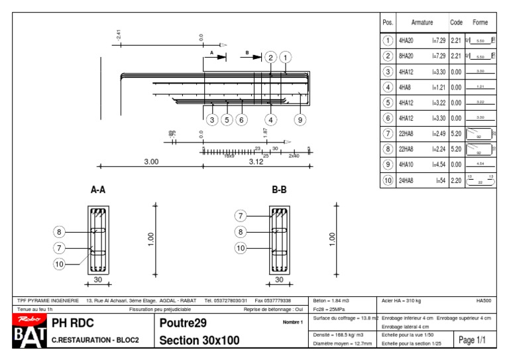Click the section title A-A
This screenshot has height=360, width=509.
[97, 190]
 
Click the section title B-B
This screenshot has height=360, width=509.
[279, 190]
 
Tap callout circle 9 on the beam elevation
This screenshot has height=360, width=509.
[300, 120]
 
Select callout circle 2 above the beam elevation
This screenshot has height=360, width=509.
[270, 58]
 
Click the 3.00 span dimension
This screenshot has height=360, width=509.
[151, 162]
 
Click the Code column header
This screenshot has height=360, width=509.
[456, 23]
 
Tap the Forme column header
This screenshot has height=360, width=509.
[481, 23]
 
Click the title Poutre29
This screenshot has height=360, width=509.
[184, 324]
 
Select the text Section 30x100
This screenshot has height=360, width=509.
[199, 341]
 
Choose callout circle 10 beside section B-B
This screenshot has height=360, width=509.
[241, 248]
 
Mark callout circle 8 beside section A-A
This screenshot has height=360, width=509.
[60, 232]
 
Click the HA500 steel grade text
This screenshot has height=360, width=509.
[483, 301]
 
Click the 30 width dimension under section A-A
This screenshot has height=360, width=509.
[97, 280]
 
